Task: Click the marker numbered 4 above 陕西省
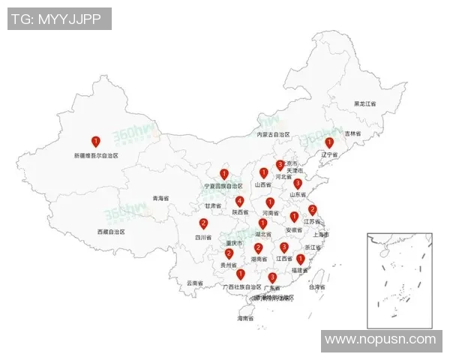pyautogui.click(x=239, y=201)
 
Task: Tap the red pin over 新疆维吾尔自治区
pyautogui.click(x=95, y=141)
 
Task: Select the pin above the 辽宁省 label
pyautogui.click(x=329, y=142)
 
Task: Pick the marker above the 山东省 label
pyautogui.click(x=298, y=183)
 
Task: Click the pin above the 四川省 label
pyautogui.click(x=203, y=223)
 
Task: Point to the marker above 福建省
pyautogui.click(x=300, y=259)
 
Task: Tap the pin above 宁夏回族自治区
pyautogui.click(x=223, y=174)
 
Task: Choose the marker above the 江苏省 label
pyautogui.click(x=313, y=210)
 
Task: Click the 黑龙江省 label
pyautogui.click(x=365, y=103)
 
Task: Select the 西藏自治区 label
pyautogui.click(x=110, y=232)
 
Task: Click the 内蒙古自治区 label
pyautogui.click(x=273, y=135)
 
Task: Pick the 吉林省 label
pyautogui.click(x=352, y=133)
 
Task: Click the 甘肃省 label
pyautogui.click(x=213, y=205)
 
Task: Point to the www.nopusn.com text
pyautogui.click(x=379, y=340)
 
